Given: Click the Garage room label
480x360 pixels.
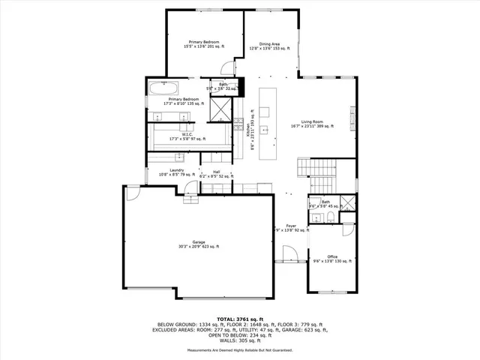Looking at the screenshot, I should (x=199, y=244).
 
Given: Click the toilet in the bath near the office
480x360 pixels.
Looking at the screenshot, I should (x=331, y=218).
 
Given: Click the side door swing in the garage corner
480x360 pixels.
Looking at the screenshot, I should (x=133, y=194).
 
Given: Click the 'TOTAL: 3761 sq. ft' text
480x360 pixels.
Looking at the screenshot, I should (x=240, y=319).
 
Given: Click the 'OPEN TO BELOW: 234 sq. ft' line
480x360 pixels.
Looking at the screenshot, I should (x=240, y=334).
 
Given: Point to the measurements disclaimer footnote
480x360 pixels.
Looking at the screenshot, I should (x=240, y=350).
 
